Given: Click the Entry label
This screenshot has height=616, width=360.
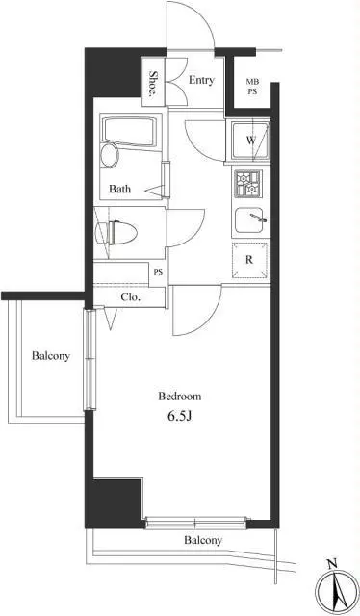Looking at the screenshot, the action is click(x=201, y=80).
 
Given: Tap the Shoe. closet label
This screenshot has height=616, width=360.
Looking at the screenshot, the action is click(x=152, y=84).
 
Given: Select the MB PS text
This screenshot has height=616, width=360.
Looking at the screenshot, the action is click(x=251, y=87).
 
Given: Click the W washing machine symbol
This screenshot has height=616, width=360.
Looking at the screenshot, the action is click(x=250, y=141).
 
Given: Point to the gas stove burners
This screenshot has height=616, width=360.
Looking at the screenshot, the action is click(x=248, y=184).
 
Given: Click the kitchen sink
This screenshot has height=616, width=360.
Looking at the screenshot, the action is click(x=249, y=220).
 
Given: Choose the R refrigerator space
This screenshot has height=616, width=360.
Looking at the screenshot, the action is click(x=249, y=260).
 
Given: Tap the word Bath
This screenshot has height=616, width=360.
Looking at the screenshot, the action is click(x=120, y=189).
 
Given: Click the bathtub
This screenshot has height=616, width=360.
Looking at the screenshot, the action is click(x=129, y=131).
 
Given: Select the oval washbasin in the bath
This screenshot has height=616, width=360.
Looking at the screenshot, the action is click(x=110, y=156).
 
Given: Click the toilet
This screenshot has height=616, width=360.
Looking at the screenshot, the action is click(x=116, y=233).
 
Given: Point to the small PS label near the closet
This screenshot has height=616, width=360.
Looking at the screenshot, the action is click(x=158, y=272).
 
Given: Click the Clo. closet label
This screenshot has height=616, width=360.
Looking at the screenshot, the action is click(x=131, y=297).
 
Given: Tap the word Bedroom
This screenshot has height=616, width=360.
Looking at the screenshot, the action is click(x=180, y=397).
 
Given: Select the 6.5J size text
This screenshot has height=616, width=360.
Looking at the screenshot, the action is click(x=180, y=417).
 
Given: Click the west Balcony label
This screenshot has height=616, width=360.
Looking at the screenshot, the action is click(x=51, y=356).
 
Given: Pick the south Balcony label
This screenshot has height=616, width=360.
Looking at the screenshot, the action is click(x=203, y=541).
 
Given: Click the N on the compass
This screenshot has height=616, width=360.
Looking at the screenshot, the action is click(x=332, y=565).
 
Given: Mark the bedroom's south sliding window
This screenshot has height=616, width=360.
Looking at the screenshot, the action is click(x=195, y=523).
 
